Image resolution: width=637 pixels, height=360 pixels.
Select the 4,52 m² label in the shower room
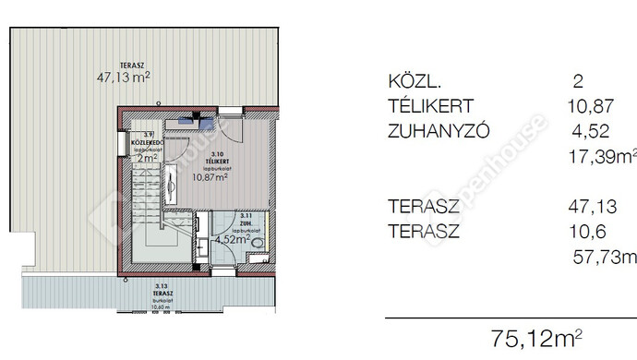[232, 238]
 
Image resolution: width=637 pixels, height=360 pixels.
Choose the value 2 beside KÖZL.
[577, 83]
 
